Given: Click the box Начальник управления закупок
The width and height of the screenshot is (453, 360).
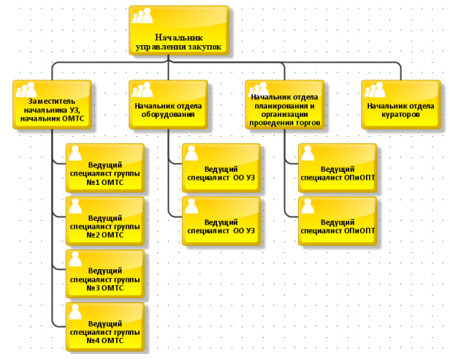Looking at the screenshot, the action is [x=179, y=31].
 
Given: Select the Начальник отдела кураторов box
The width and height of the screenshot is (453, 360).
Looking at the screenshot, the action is [x=401, y=105].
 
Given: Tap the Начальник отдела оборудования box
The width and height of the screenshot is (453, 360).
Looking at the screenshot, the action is [x=168, y=105].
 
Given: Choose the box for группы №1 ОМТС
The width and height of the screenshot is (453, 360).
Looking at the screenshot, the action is [x=105, y=167].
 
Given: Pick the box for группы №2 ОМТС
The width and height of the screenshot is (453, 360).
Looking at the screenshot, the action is [x=105, y=221].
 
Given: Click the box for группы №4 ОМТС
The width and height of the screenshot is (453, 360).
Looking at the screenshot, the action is [x=105, y=326].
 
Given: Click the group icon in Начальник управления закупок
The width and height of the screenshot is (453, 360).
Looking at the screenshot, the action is [x=142, y=15].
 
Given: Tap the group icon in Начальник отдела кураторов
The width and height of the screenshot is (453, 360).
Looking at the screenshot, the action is [x=375, y=89].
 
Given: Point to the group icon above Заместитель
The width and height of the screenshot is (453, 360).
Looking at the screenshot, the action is [x=26, y=89].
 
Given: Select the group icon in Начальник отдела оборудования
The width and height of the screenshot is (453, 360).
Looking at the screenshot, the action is [x=142, y=89].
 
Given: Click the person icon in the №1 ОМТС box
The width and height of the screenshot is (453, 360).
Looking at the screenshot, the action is [x=76, y=153].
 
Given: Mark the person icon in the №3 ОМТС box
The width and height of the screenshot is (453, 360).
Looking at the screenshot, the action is [x=76, y=259].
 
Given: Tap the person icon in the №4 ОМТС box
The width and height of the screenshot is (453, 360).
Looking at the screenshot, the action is [x=76, y=312].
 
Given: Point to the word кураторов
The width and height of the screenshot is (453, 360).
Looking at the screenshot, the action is [x=400, y=115].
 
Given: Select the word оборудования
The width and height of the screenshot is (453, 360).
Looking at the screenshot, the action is [x=168, y=115].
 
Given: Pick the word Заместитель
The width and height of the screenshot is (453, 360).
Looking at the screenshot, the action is [x=52, y=101].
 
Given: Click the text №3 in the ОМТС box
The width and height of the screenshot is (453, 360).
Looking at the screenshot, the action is [x=93, y=288].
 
